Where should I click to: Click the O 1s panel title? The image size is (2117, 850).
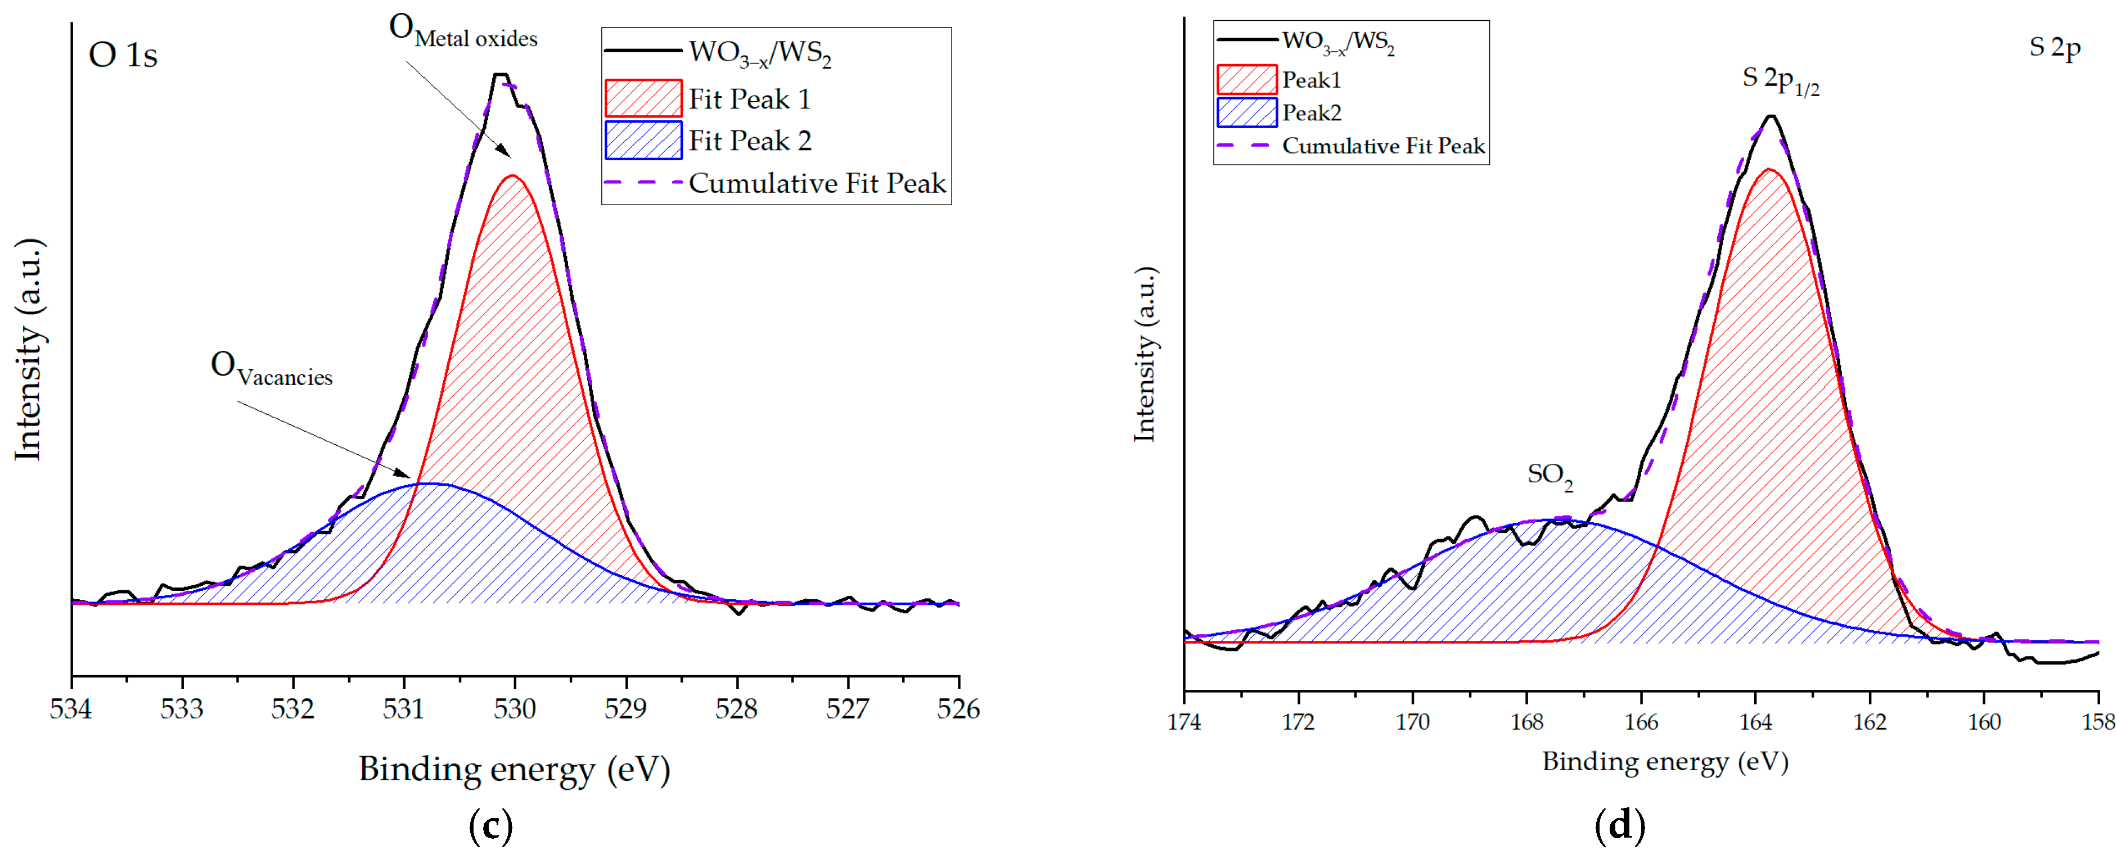(123, 55)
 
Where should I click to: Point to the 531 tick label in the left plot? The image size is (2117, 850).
(403, 709)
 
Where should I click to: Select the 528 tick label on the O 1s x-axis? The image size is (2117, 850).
(736, 709)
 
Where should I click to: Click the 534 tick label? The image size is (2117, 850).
(71, 709)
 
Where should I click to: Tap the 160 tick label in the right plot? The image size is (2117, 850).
(1984, 722)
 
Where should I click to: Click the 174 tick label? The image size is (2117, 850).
(1184, 722)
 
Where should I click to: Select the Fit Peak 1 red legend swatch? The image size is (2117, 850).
(643, 98)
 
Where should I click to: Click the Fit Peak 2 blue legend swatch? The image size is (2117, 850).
(643, 141)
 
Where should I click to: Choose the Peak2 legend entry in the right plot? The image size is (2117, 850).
(1312, 112)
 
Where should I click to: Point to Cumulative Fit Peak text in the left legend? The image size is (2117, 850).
(817, 183)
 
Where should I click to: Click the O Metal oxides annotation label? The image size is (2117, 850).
(463, 32)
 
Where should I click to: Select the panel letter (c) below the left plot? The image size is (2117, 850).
(490, 825)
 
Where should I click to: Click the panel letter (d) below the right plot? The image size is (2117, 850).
(1620, 825)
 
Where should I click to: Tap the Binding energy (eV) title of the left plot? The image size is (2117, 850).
(515, 770)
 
